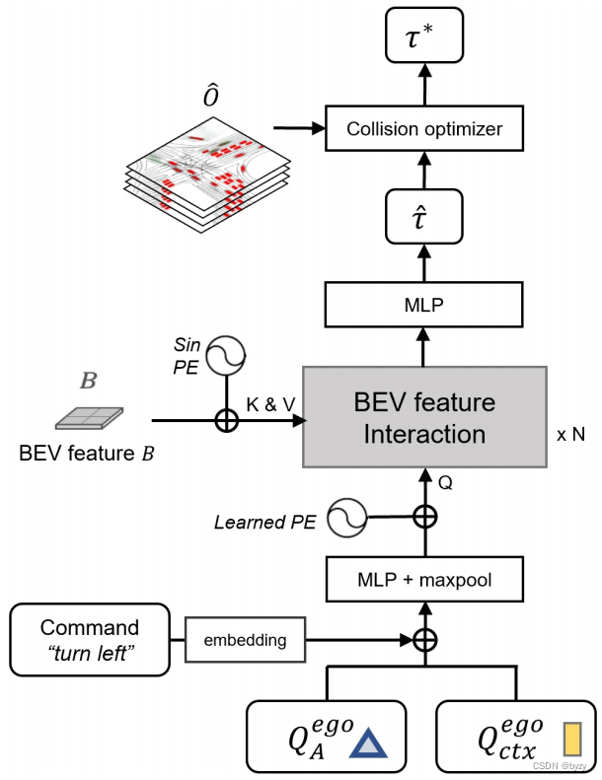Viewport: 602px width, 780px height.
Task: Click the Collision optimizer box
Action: (x=424, y=129)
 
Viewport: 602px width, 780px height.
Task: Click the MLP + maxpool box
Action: (x=424, y=580)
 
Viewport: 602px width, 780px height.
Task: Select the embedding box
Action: (x=245, y=640)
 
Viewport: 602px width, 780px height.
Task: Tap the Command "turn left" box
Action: (x=90, y=639)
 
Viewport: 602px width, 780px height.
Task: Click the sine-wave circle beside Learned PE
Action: (x=347, y=517)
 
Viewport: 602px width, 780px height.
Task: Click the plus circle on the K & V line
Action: (x=227, y=420)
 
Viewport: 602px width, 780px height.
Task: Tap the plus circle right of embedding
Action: (x=424, y=640)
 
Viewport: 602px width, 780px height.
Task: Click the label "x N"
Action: (x=569, y=434)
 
